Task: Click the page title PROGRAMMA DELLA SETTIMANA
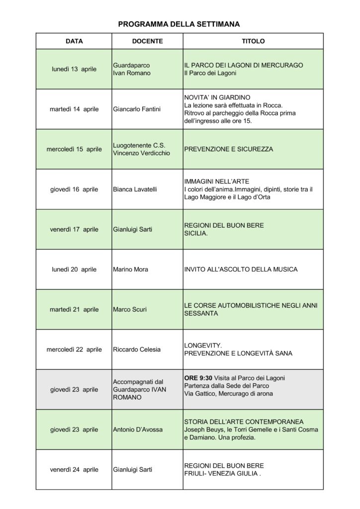tap(179, 23)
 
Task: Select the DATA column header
tap(74, 41)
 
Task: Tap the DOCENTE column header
tap(147, 41)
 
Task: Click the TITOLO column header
tap(253, 41)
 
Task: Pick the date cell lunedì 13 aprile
tap(74, 69)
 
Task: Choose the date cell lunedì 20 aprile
tap(74, 269)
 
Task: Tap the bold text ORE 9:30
tap(197, 378)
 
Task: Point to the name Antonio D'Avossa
tap(138, 429)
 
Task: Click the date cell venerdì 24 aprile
tap(74, 469)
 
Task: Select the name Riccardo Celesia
tap(137, 349)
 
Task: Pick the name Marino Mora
tap(131, 269)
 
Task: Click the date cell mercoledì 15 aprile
tap(74, 149)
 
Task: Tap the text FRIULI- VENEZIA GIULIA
tap(222, 473)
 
